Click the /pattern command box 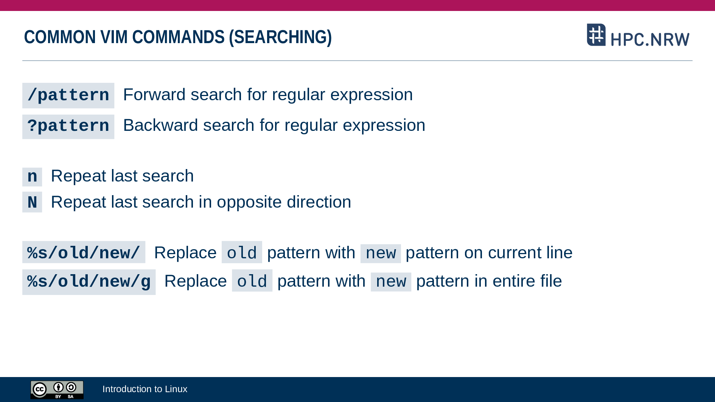pos(68,95)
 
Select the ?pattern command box pos(68,126)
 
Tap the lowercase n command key pos(32,177)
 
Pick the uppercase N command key pos(32,202)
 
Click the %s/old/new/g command pos(89,282)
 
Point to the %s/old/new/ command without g pos(84,252)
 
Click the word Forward pos(154,95)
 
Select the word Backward pos(160,125)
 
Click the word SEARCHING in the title pos(280,37)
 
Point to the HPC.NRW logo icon pos(596,35)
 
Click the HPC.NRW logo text pos(650,39)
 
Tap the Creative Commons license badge pos(57,390)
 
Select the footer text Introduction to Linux pos(145,389)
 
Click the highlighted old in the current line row pos(242,253)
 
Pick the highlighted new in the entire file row pos(391,282)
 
